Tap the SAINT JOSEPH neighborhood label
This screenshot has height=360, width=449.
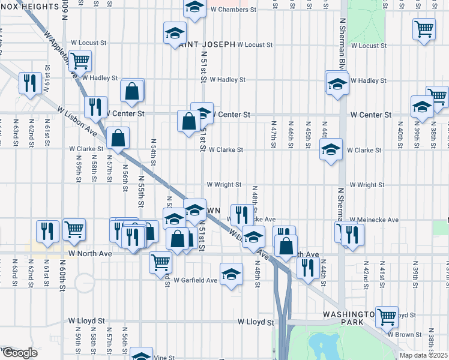click(202, 44)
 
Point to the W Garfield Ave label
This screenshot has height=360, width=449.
click(195, 280)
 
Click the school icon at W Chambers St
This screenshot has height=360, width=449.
click(193, 8)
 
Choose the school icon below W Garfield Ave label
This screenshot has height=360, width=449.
click(231, 275)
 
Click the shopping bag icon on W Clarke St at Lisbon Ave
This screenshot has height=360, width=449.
click(119, 137)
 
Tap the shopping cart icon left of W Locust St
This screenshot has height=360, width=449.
click(79, 60)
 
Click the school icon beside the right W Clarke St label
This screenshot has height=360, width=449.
click(330, 149)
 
